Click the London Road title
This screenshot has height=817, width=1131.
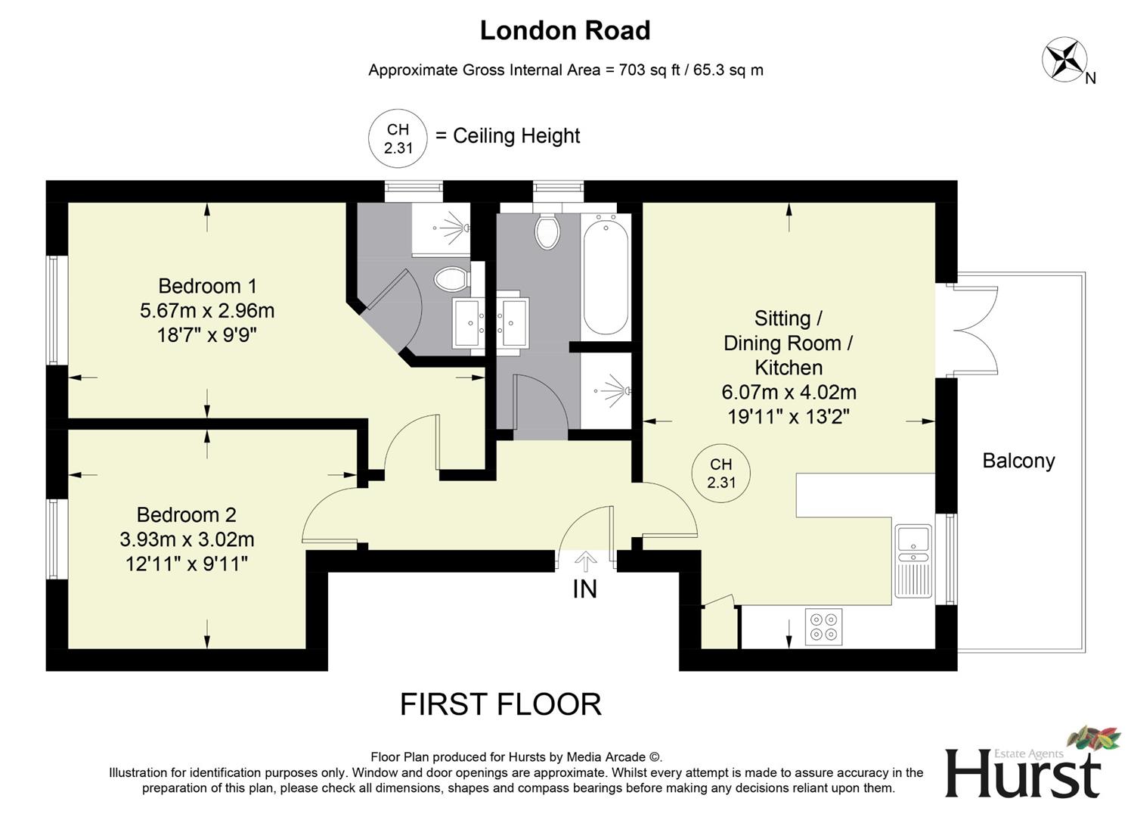point(565,30)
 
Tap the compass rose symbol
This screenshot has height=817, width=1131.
point(1064,61)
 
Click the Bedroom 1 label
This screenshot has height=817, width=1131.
point(207,286)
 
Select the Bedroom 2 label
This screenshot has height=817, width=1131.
point(186,515)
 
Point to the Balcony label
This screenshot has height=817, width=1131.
point(1018,461)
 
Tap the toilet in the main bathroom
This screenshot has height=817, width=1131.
point(547,231)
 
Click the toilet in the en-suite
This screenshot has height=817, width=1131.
point(452,278)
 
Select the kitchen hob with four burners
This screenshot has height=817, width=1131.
point(823,626)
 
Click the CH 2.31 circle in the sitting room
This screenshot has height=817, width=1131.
point(721,474)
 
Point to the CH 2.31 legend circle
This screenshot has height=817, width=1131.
point(398,138)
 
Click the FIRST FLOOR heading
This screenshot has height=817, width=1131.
point(500,704)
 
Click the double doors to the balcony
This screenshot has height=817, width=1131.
point(975,330)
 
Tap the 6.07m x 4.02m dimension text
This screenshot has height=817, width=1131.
point(789,392)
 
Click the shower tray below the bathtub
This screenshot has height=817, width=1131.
point(606,391)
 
